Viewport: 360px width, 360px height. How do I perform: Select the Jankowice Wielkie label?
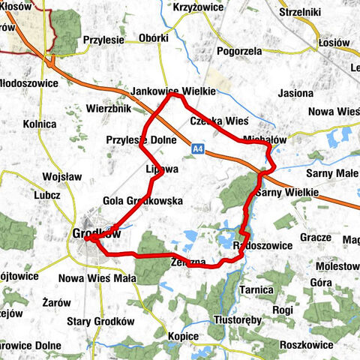pyautogui.click(x=173, y=91)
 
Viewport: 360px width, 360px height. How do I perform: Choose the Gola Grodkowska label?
pyautogui.click(x=142, y=201)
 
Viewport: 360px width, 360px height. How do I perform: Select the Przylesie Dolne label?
pyautogui.click(x=141, y=139)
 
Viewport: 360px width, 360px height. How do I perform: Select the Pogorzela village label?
pyautogui.click(x=238, y=51)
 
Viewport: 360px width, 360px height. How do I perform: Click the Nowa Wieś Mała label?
pyautogui.click(x=102, y=278)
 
